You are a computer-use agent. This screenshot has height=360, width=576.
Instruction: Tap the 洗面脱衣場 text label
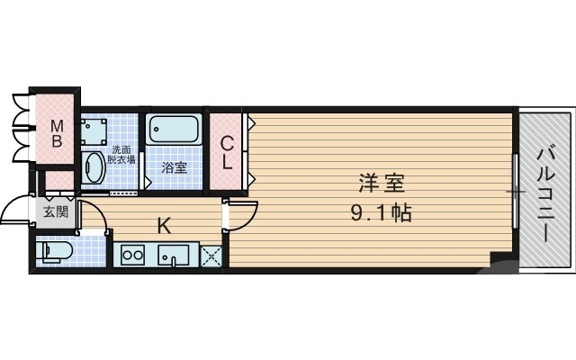(121, 154)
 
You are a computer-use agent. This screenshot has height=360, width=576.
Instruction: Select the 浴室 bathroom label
(173, 167)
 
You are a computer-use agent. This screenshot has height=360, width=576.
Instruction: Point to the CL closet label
(228, 152)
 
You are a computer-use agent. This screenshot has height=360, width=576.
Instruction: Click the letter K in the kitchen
(165, 225)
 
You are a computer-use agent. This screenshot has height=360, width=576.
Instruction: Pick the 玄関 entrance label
(55, 212)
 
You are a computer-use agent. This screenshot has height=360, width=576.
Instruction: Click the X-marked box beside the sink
(211, 256)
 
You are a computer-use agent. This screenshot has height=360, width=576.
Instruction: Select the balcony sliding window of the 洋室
(516, 193)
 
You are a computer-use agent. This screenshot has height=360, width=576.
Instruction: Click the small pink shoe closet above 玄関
(58, 183)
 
